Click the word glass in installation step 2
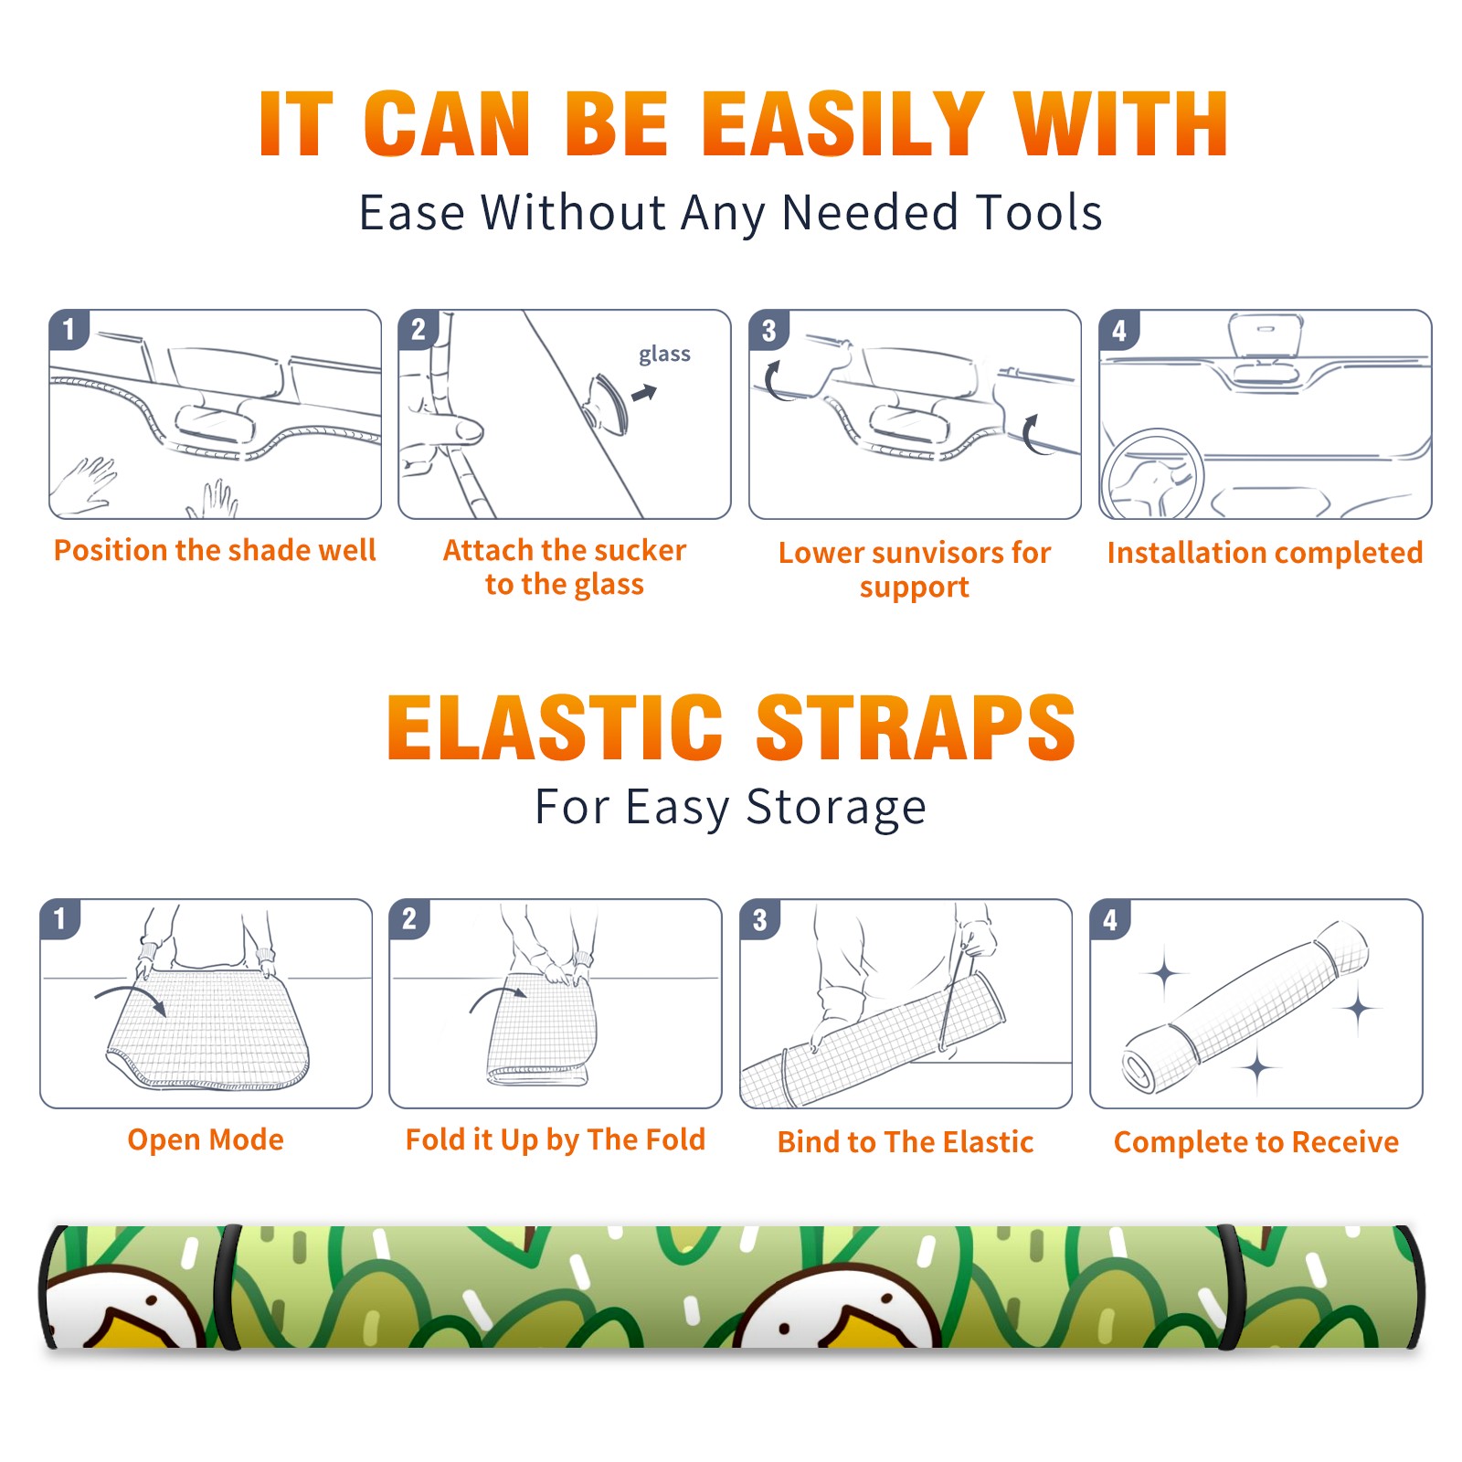(x=664, y=355)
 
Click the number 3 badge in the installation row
(x=768, y=330)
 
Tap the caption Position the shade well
(x=215, y=550)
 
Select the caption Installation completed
(x=1265, y=552)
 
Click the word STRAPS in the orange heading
(x=916, y=727)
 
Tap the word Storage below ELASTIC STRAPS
(x=836, y=809)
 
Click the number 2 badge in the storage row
(x=409, y=918)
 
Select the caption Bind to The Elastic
(x=906, y=1142)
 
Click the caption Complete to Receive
(x=1256, y=1142)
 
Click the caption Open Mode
(x=206, y=1140)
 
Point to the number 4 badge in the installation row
(x=1119, y=330)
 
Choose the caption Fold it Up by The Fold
(x=556, y=1139)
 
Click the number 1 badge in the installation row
(x=69, y=329)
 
